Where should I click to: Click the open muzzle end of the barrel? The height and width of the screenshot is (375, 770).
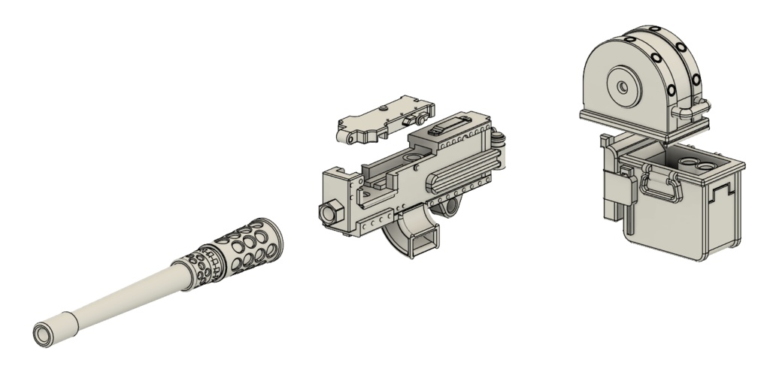point(42,333)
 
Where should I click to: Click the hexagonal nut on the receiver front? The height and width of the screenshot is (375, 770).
point(328,211)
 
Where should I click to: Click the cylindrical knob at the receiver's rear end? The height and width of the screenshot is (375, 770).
point(499,140)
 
